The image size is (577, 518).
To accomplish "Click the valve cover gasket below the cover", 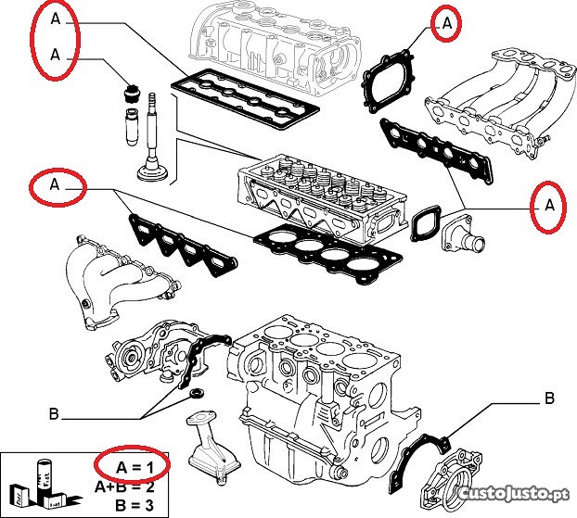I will (x=245, y=98).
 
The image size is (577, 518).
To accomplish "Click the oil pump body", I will (x=148, y=351).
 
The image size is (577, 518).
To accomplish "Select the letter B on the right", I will (x=548, y=399).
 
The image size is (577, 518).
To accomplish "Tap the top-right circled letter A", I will (x=447, y=25).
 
